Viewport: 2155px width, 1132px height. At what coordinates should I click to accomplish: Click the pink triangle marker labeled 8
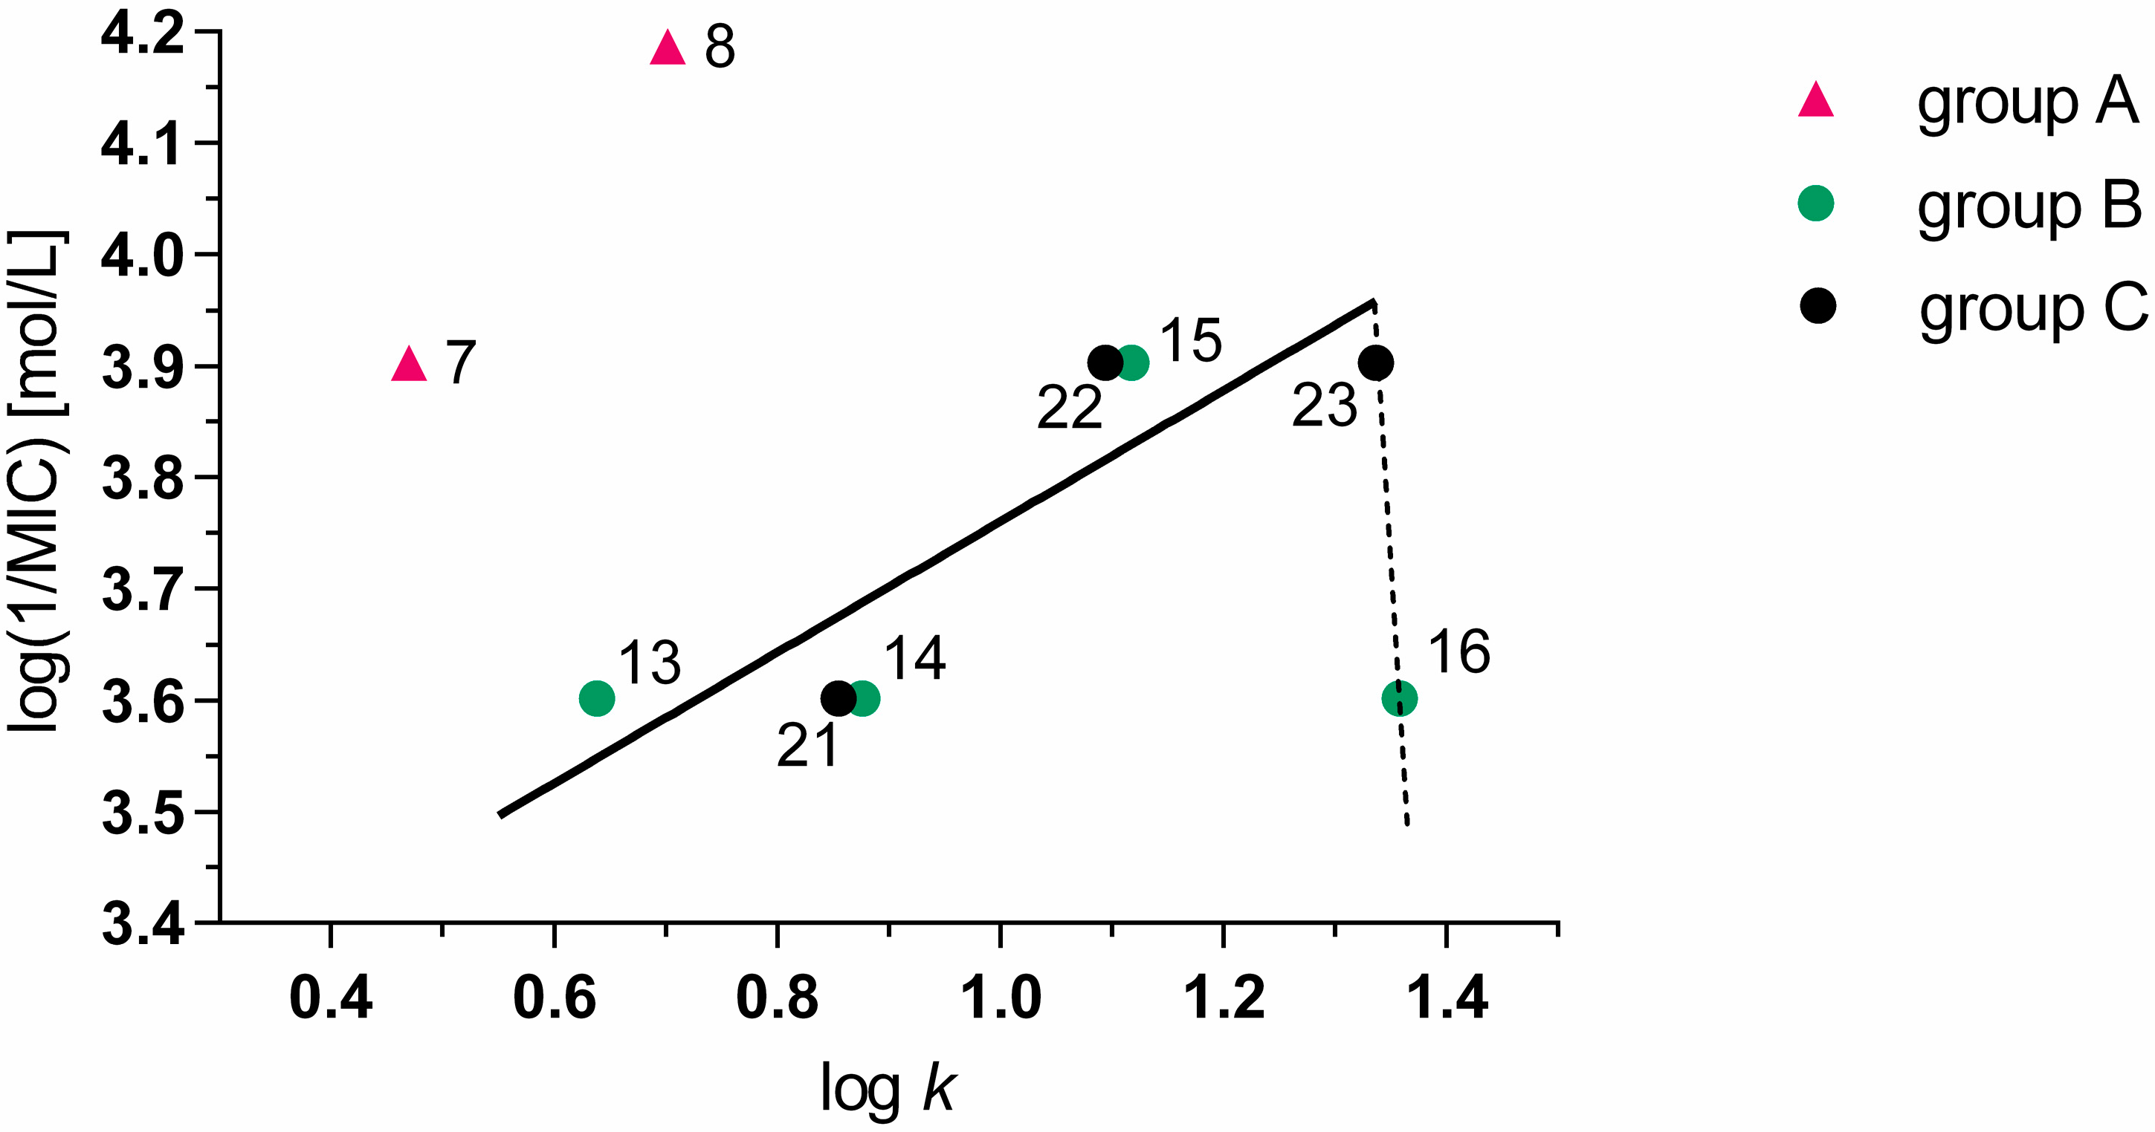click(668, 49)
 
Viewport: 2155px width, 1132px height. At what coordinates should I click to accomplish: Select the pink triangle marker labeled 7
click(409, 365)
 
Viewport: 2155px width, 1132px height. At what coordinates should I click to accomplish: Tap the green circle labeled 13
click(596, 697)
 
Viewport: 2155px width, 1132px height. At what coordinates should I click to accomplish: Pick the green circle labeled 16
click(1400, 697)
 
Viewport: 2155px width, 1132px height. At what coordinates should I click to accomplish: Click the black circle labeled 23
click(1375, 362)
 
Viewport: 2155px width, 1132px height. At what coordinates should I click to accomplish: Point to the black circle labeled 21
click(838, 697)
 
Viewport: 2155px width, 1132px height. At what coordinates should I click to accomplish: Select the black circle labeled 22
click(1105, 362)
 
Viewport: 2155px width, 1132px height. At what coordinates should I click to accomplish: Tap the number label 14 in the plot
click(914, 658)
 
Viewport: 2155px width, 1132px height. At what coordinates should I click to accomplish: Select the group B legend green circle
click(1816, 204)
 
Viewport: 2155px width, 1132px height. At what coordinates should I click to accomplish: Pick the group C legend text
click(2033, 309)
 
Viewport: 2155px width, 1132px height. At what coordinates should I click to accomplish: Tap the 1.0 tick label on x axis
click(1001, 998)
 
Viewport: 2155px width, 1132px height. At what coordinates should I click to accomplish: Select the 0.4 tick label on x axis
click(331, 998)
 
